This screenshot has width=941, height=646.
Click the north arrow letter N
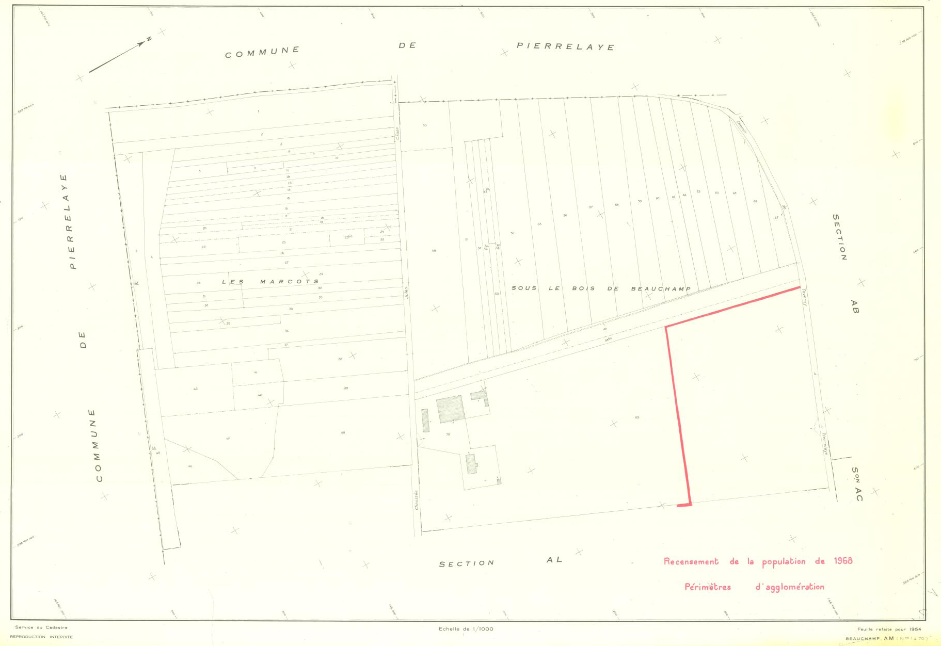coord(148,39)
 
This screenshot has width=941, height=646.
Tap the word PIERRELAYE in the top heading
coord(565,46)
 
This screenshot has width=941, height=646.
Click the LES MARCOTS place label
coord(270,282)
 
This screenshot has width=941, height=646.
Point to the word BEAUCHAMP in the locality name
coord(661,288)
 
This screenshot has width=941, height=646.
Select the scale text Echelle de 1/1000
coord(466,628)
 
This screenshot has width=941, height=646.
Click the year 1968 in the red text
coord(843,561)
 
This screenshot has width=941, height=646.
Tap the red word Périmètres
coord(707,587)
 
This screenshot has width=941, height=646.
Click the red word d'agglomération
coord(789,587)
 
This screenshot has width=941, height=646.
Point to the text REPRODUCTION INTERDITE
coord(41,637)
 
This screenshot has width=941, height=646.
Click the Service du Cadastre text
coord(41,627)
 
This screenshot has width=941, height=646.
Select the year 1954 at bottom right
coord(915,629)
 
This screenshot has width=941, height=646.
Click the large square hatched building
coord(450,409)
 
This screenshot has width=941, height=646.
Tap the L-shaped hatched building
coord(480,397)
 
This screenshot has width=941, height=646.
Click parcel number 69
coord(637,417)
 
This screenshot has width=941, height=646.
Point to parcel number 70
coord(448,434)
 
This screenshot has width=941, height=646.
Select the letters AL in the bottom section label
coord(554,559)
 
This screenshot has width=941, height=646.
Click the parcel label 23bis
coord(348,237)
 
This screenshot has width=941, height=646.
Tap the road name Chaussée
coord(416,499)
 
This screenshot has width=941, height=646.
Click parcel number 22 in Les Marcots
coord(203,247)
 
